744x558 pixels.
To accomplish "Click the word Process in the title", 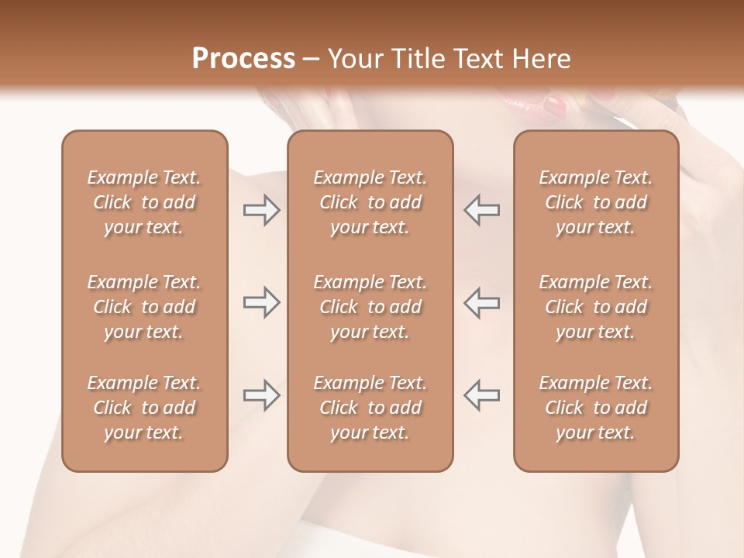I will pos(243,59).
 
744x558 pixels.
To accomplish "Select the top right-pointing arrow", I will pos(261,210).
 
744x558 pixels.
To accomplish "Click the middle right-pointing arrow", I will pos(261,302).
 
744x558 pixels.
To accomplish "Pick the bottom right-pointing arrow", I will pos(261,395).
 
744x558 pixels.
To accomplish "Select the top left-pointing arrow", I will pos(482,210).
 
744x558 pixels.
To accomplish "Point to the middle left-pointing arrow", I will pos(482,302).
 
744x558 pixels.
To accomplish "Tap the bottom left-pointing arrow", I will pos(482,395).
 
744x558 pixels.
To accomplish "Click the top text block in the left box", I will pos(144,202).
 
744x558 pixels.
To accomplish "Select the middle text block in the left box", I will pos(144,307).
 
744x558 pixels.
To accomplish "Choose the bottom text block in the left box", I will pos(144,408).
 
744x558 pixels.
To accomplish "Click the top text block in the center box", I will pos(370,202).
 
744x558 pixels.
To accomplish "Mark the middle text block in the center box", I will pos(370,307).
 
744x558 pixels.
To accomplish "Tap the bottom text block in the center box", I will pos(370,408).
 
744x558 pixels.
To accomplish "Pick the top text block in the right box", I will pos(596,202).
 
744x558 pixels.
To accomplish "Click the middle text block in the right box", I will pos(596,307).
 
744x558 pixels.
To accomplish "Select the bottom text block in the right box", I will pos(596,408).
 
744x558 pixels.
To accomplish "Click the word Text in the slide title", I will pos(476,59).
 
